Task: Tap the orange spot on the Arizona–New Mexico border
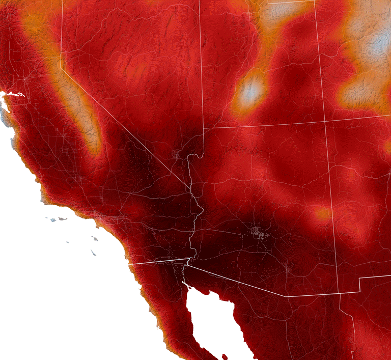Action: pyautogui.click(x=322, y=213)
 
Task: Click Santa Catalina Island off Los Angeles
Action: pyautogui.click(x=94, y=238)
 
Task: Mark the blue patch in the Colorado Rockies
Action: pyautogui.click(x=379, y=43)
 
